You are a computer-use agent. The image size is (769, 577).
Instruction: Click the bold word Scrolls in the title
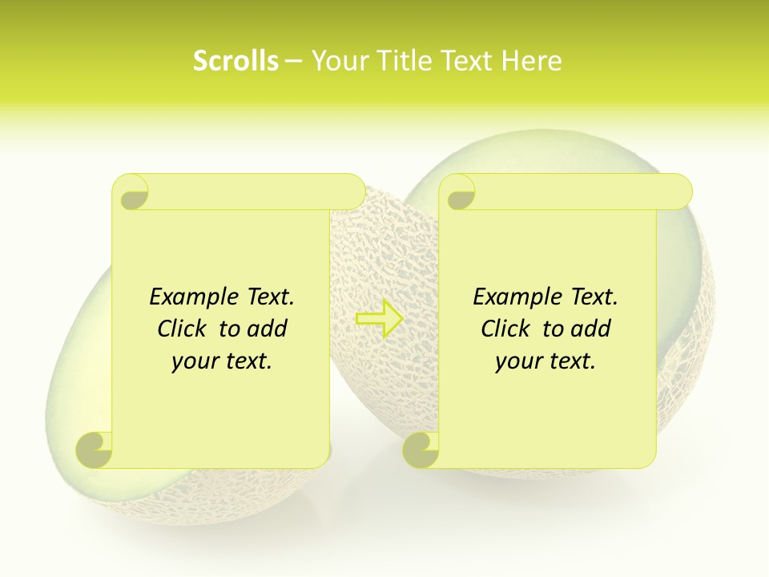[236, 60]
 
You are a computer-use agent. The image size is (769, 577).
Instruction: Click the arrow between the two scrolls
[380, 318]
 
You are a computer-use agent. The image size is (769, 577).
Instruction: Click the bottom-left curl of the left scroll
[95, 450]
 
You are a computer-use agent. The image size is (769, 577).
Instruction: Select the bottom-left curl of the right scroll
[421, 450]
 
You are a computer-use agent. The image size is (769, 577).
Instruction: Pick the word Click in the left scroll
[183, 329]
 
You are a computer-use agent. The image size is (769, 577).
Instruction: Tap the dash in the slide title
[293, 61]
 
